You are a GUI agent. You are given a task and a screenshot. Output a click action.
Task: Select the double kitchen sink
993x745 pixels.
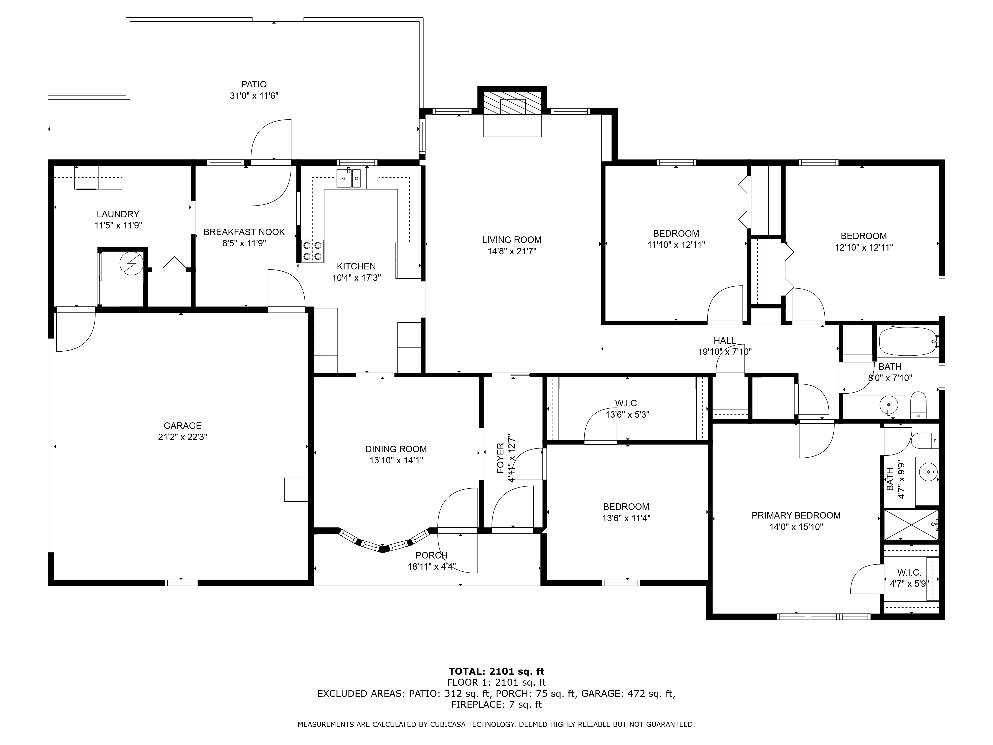(x=349, y=178)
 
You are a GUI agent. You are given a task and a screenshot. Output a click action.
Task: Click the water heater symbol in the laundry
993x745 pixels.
(x=132, y=263)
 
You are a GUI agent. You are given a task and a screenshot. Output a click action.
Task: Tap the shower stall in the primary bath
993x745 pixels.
(x=911, y=524)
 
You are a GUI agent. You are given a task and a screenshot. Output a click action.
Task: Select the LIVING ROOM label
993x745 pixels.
(x=512, y=240)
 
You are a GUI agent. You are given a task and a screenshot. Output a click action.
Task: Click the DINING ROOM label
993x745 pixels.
(x=396, y=449)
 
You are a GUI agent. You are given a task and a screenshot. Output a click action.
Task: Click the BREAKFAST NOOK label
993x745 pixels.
(x=244, y=232)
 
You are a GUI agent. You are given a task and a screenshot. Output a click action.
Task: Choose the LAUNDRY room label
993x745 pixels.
(x=118, y=214)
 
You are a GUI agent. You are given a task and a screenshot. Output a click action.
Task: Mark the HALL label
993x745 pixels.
(x=725, y=341)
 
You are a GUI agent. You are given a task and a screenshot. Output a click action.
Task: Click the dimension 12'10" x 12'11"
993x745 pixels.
(x=864, y=247)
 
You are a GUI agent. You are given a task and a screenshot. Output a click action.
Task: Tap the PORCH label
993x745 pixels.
(x=431, y=556)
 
